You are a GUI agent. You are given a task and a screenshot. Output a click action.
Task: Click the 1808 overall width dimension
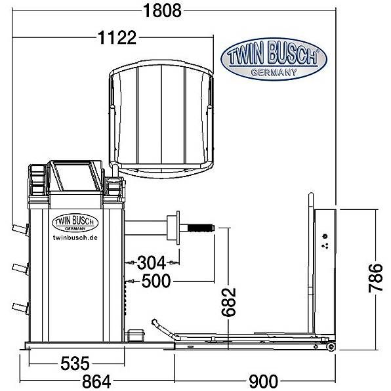(162, 11)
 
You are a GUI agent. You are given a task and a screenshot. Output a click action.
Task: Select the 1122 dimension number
(117, 38)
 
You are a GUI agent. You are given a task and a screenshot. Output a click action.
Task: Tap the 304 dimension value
(152, 262)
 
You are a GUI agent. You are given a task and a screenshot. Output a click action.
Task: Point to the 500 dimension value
(156, 281)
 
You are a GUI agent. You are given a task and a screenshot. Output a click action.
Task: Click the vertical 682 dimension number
(229, 302)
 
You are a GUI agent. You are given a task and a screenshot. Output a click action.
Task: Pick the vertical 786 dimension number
(375, 278)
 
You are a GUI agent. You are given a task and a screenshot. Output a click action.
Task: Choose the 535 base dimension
(75, 363)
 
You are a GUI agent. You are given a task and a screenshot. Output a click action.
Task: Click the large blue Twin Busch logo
(274, 59)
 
